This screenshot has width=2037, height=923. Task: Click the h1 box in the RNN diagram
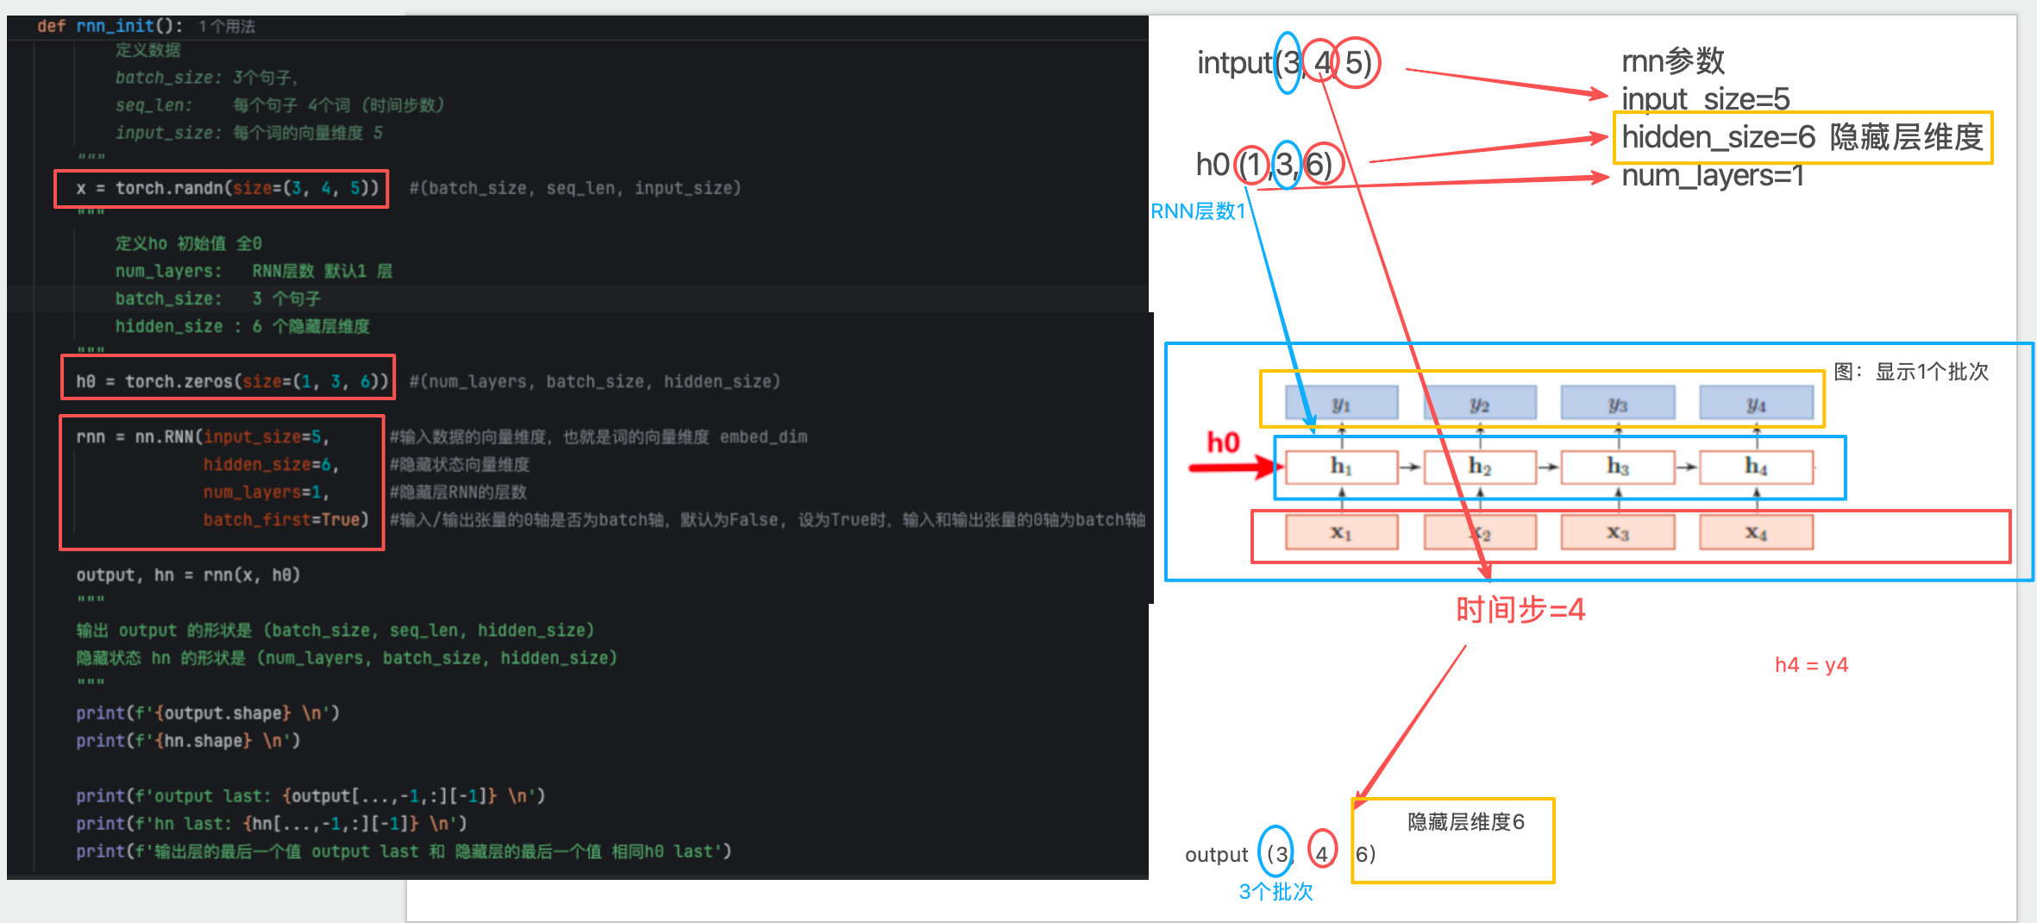[1341, 467]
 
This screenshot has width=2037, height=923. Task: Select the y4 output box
[1756, 403]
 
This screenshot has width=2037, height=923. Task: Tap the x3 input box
[1617, 532]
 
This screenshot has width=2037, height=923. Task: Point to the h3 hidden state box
[1617, 467]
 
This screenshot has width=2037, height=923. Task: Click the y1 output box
[1341, 403]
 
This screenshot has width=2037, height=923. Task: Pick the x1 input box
[1341, 532]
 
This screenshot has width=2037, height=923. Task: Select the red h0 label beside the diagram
[1223, 443]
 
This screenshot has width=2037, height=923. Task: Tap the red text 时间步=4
[1520, 610]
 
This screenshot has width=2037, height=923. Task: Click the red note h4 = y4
[1811, 665]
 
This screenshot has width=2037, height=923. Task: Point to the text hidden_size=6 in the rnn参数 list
[1718, 137]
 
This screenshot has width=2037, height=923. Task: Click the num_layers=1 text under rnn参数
[1712, 176]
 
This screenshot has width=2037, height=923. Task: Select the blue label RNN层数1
[1198, 211]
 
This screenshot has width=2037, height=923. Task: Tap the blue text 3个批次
[1275, 892]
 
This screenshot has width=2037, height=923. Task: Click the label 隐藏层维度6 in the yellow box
[1465, 822]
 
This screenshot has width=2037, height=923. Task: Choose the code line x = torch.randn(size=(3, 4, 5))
[227, 188]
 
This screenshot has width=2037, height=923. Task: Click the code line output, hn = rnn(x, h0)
[188, 575]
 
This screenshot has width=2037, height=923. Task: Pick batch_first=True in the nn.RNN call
[285, 519]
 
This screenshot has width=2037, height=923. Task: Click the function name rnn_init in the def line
[115, 26]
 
